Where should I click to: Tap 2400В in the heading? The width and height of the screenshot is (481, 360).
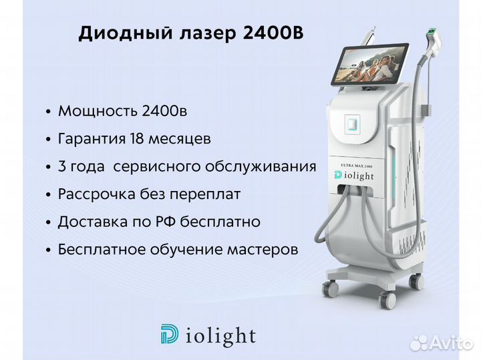click(273, 33)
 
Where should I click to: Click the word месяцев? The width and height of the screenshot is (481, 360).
click(180, 139)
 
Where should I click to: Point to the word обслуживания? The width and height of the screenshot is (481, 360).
click(261, 167)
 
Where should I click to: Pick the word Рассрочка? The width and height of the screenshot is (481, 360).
click(97, 194)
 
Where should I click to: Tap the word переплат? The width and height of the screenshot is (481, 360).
click(205, 194)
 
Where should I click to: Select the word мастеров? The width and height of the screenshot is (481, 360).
click(263, 250)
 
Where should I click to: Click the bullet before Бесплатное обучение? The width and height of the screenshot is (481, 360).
click(48, 250)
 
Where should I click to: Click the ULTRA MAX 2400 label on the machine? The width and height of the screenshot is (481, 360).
click(357, 166)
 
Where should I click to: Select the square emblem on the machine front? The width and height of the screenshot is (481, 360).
click(353, 124)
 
